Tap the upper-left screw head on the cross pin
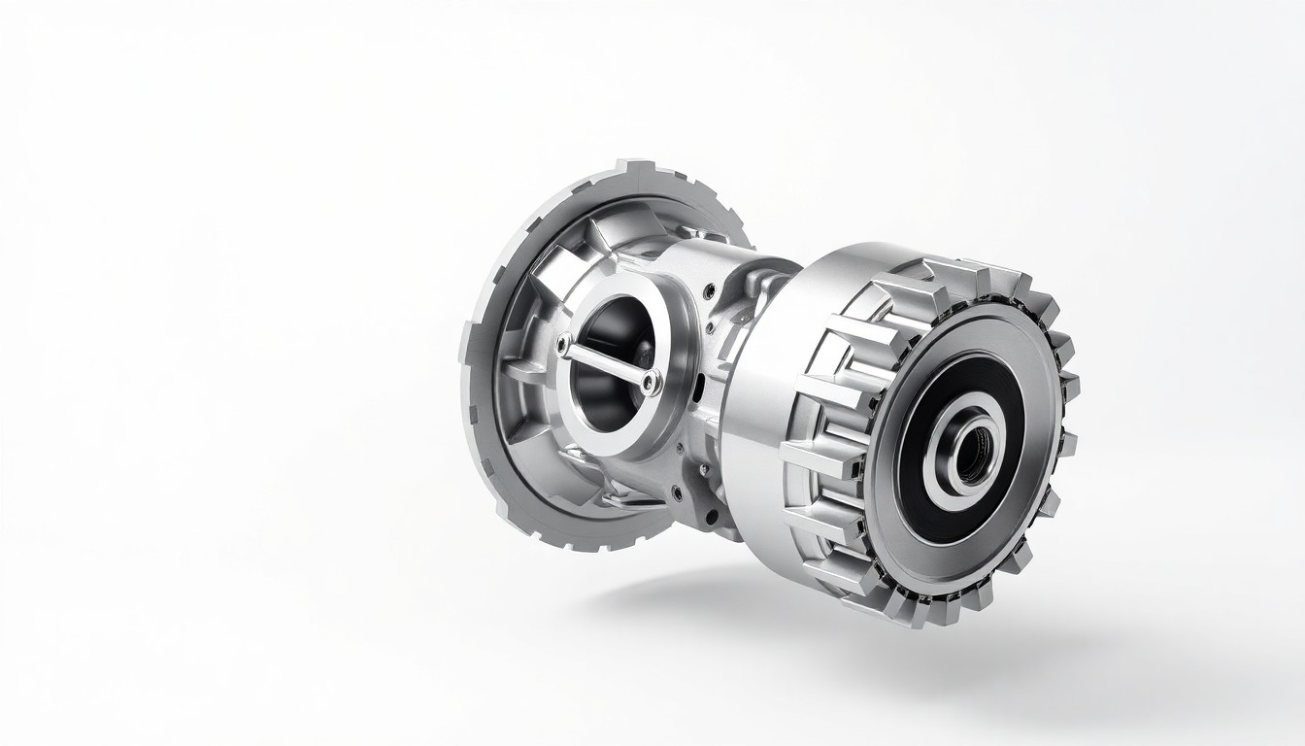(x=565, y=342)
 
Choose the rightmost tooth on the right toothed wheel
(x=1071, y=389)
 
